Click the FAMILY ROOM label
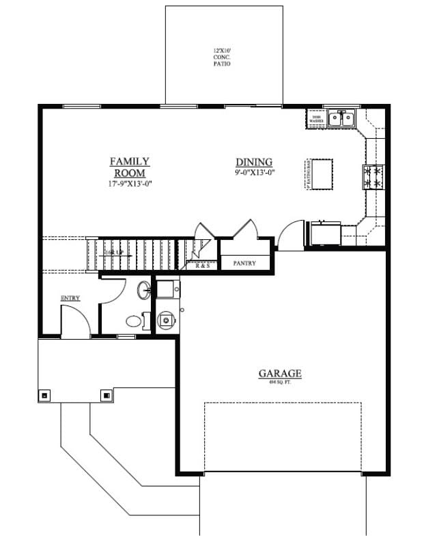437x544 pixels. (130, 167)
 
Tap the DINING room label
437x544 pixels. (254, 162)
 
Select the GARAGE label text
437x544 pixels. (279, 373)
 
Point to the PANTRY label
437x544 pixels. (244, 262)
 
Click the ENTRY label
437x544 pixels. (70, 298)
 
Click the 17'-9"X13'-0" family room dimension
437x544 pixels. (130, 183)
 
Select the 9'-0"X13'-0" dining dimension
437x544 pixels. (254, 172)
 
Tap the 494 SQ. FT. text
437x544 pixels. (279, 383)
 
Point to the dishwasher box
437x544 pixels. (316, 120)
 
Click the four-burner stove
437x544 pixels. (373, 177)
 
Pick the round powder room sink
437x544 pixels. (145, 290)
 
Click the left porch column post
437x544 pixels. (44, 394)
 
